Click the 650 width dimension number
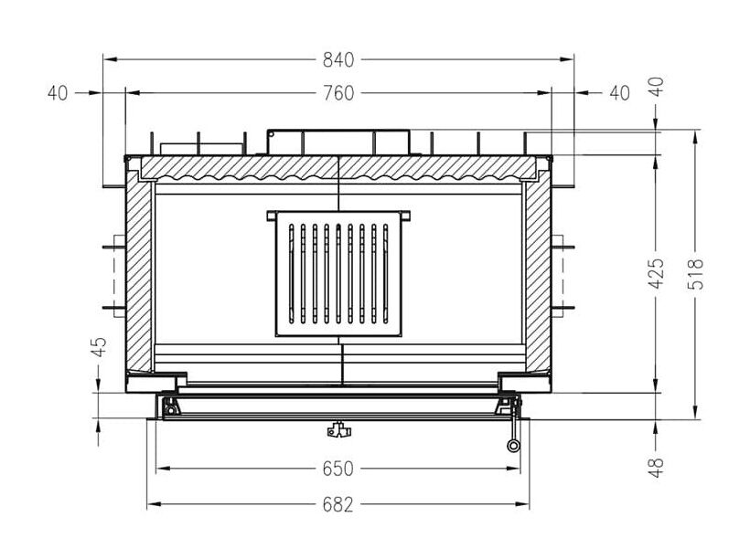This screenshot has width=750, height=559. [337, 469]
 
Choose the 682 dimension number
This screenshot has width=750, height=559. [337, 504]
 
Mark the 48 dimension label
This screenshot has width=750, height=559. [656, 466]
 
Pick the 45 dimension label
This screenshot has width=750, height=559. [99, 346]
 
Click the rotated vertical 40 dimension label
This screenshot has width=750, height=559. [656, 86]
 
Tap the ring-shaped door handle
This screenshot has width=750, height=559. [514, 446]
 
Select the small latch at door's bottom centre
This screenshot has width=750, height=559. [337, 427]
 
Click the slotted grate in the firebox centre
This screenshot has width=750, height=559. [337, 274]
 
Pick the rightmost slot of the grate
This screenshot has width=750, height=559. [386, 274]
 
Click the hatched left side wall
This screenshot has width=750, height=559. [140, 274]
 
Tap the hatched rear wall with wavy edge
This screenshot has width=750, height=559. [337, 167]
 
